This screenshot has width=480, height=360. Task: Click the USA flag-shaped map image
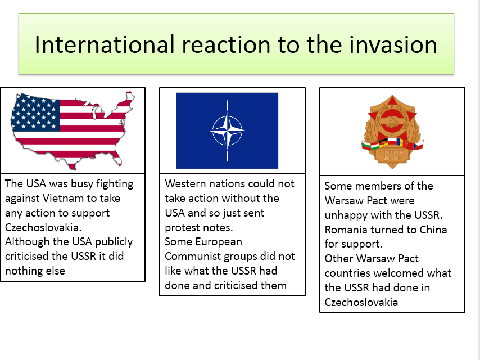[73, 129]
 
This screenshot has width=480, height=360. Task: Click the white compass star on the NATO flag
[227, 130]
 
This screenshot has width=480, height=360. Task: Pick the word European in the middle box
[220, 242]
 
